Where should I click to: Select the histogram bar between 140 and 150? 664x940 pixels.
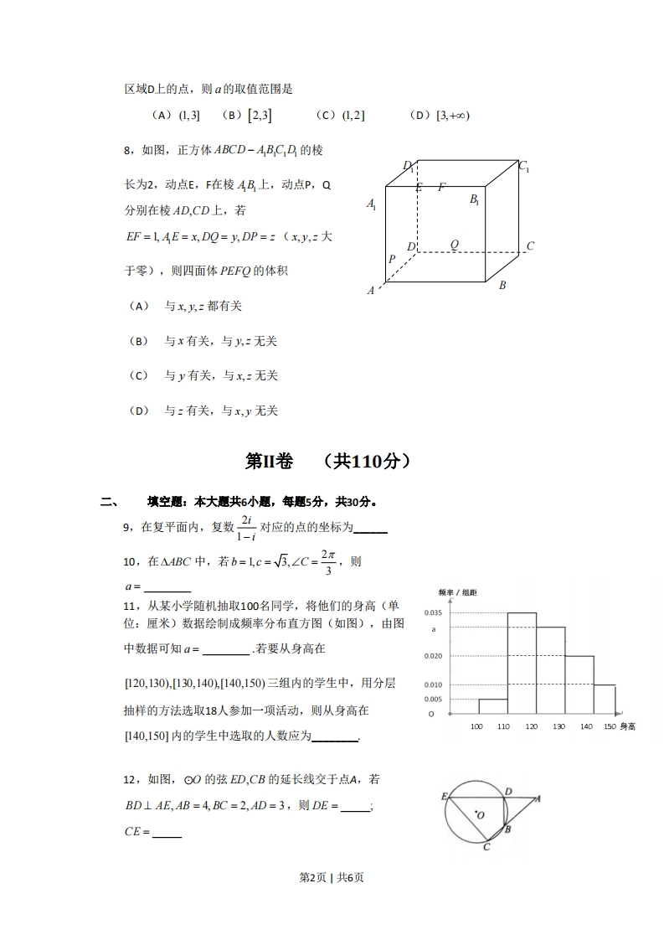pos(605,700)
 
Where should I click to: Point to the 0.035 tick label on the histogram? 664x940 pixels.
pos(433,613)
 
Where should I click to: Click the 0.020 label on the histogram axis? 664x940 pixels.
pos(433,656)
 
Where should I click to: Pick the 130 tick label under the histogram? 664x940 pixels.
pos(558,726)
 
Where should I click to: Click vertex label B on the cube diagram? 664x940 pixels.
pos(502,286)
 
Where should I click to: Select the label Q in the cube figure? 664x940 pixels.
pos(455,245)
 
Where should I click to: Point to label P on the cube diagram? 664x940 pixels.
pos(391,260)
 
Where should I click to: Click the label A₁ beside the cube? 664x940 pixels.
pos(371,204)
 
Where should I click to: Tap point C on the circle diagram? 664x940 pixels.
pos(486,847)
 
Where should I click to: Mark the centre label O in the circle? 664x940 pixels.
pos(479,813)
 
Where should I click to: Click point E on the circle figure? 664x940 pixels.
pos(445,796)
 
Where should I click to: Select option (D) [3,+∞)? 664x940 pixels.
pos(440,116)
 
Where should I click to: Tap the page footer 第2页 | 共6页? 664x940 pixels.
pos(332,877)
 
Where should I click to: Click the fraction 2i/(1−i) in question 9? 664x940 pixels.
pos(247,528)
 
